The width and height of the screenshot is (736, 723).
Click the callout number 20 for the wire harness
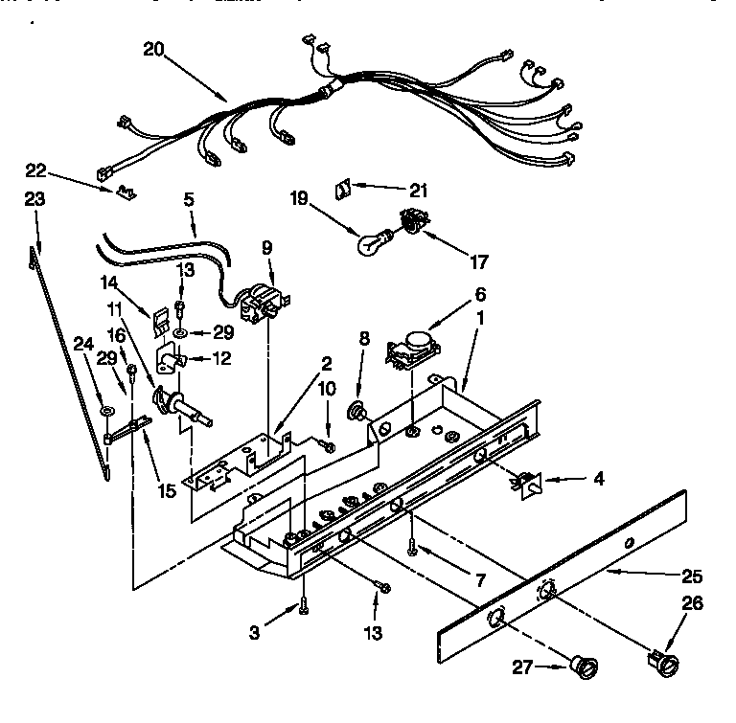(153, 49)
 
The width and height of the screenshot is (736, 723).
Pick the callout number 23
(34, 201)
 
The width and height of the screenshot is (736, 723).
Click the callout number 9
(267, 247)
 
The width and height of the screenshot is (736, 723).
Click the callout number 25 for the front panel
(692, 576)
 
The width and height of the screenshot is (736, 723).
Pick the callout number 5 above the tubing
(189, 200)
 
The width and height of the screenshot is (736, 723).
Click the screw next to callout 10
(329, 443)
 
